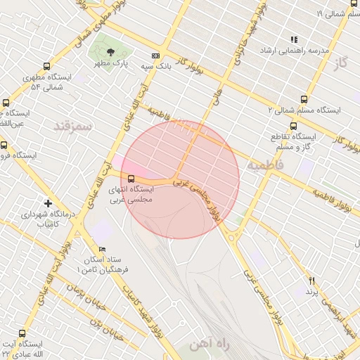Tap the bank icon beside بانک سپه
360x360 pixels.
155,56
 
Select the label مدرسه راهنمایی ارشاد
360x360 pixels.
295,51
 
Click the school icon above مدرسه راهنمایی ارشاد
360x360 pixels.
294,39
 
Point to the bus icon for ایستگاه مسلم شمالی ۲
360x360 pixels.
303,99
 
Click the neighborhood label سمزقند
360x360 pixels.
73,126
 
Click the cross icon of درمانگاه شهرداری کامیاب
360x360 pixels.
48,202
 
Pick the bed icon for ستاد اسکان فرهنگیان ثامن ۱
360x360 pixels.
103,250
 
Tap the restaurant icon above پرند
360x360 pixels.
311,281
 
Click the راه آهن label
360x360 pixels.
210,344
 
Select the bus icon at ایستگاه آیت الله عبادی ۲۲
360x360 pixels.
22,333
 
